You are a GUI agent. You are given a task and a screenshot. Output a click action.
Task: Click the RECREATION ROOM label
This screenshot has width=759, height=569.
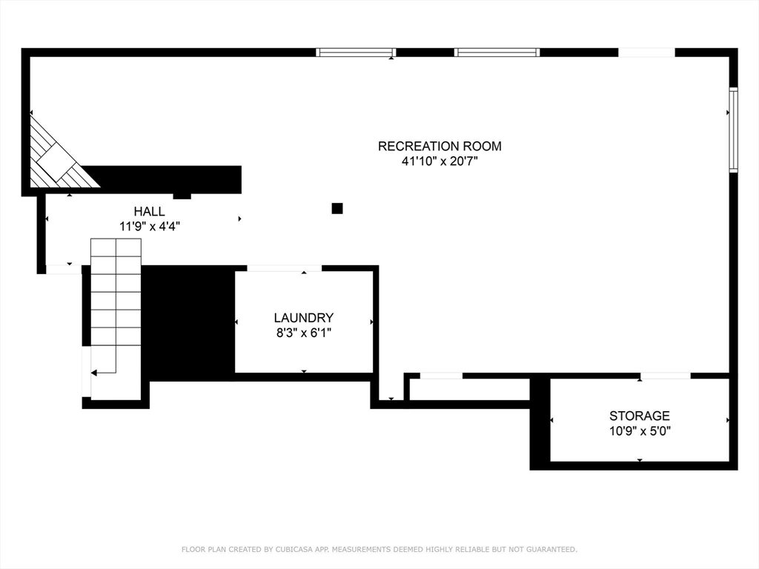pos(440,146)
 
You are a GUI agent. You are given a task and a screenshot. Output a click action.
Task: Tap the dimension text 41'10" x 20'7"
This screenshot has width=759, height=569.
pos(440,162)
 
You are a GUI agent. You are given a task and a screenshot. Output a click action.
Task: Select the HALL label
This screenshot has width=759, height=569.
pos(150,212)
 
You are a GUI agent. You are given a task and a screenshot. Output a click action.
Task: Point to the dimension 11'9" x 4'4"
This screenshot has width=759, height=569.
pos(150,227)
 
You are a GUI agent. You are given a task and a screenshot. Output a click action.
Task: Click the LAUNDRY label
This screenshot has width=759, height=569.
pos(303,318)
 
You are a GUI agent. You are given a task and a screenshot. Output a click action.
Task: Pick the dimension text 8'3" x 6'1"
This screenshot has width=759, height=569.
pos(303,333)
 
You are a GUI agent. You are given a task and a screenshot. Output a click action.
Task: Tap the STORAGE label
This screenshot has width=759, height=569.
pos(639,416)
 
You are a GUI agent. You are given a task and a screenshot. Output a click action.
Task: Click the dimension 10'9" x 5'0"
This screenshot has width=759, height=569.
pos(639,431)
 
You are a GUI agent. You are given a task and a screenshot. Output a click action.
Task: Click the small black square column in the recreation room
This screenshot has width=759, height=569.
pos(337,208)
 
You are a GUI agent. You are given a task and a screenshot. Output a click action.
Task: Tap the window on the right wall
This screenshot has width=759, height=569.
pos(733,130)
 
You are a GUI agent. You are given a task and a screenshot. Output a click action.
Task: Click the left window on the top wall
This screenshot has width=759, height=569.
pos(356,53)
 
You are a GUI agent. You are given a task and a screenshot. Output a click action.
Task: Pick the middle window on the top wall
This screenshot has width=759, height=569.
pos(497,53)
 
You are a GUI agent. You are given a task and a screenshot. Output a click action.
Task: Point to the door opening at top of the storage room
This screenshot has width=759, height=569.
pos(666,376)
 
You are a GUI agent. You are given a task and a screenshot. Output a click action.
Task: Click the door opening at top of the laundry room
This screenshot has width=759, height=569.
pos(284,268)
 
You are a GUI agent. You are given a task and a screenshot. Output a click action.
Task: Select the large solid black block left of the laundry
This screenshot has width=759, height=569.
pos(188,322)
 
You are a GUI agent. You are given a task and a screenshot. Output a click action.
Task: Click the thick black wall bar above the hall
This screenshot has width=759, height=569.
pos(170,179)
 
